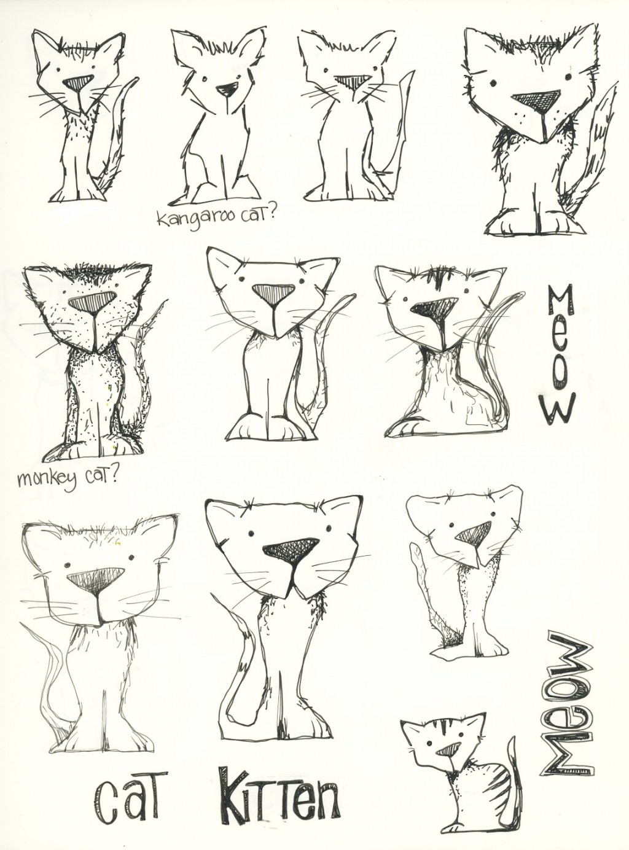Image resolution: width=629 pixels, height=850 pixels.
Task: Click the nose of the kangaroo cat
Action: pos(227,90)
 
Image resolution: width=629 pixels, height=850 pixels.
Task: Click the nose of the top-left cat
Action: pos(78,82)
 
